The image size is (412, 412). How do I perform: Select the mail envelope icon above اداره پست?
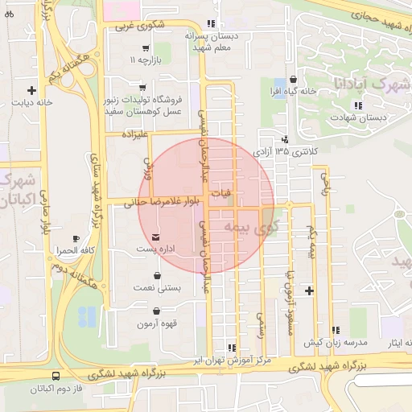(x=155, y=238)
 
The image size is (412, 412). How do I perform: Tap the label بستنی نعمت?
(x=154, y=287)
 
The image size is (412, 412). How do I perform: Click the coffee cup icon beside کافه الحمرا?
(x=76, y=238)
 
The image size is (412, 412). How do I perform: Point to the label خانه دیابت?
(x=32, y=103)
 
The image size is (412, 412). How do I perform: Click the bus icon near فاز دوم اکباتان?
(x=56, y=376)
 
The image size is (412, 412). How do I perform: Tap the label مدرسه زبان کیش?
(x=329, y=343)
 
